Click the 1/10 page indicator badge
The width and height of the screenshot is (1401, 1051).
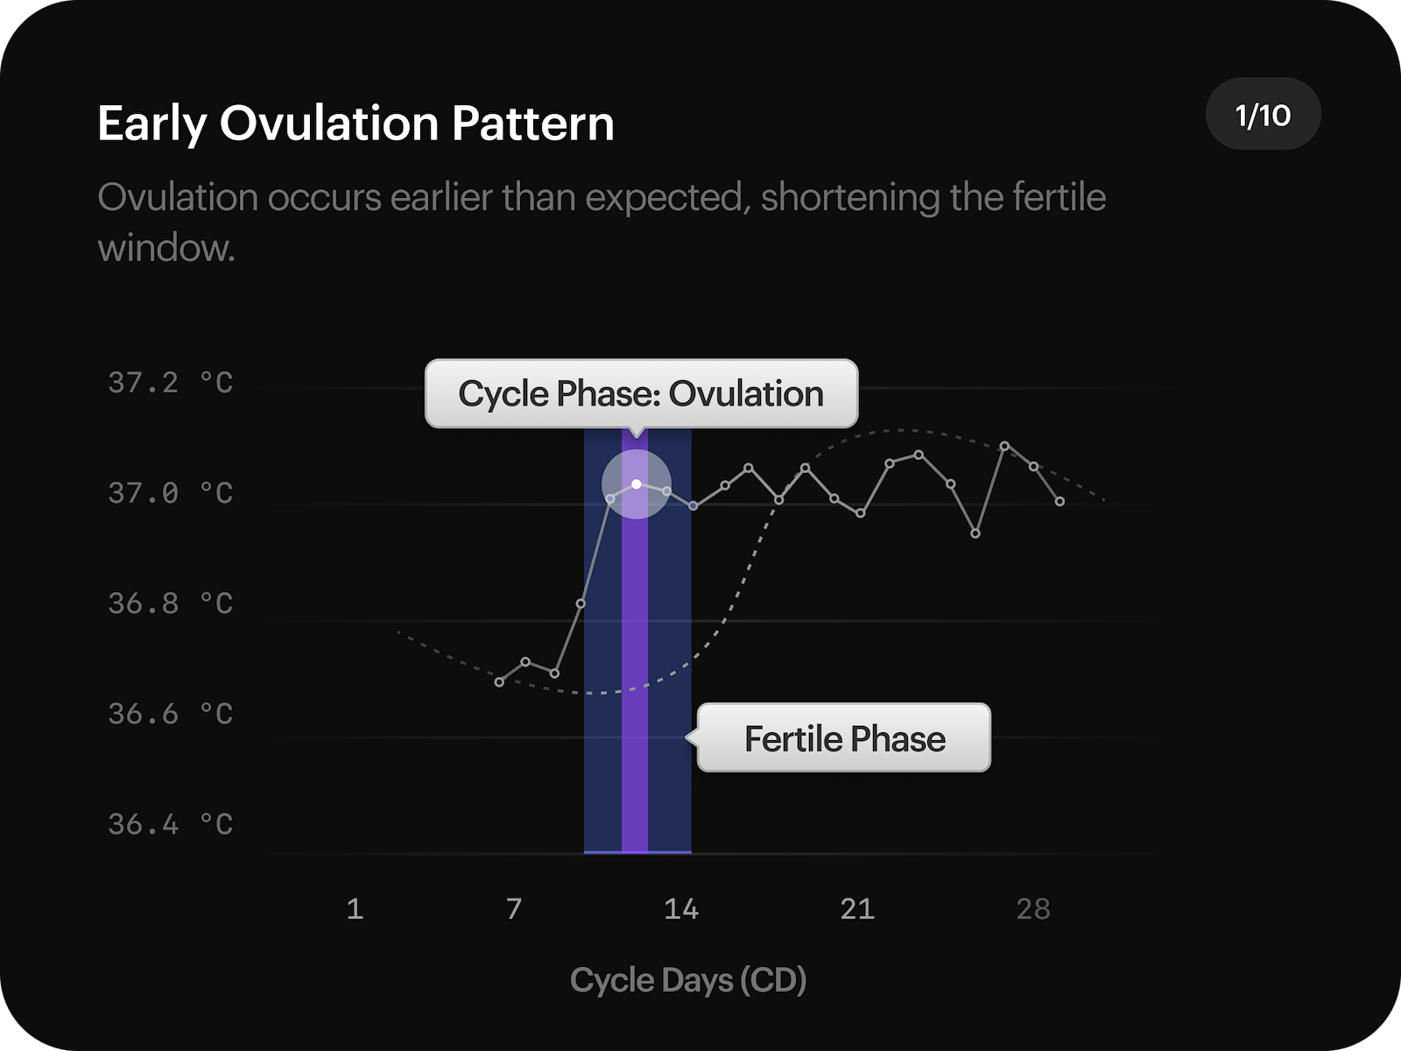1263,115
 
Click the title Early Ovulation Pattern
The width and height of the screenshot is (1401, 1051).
356,123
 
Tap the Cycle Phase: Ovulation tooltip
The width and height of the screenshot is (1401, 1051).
641,394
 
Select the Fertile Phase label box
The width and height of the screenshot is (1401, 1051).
844,738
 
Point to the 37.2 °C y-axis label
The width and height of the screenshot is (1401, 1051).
171,383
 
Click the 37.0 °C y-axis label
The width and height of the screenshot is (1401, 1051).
171,493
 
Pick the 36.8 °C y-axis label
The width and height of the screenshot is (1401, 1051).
171,603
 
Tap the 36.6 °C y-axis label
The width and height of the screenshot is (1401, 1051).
171,714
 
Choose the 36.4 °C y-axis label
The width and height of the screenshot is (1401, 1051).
171,824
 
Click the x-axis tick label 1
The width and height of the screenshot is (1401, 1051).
355,909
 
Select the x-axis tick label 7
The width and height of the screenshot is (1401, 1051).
514,909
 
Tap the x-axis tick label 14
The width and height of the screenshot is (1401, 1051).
681,909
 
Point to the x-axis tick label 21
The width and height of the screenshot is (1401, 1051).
857,909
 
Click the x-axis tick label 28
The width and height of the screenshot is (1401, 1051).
1033,909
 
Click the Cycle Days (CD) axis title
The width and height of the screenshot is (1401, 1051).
688,980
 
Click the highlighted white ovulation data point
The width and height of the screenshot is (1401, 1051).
637,484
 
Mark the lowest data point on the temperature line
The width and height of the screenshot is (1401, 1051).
499,682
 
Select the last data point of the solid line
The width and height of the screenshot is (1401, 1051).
1060,502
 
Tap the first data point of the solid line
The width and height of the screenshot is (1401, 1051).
499,682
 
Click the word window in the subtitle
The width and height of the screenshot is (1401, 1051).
166,249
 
